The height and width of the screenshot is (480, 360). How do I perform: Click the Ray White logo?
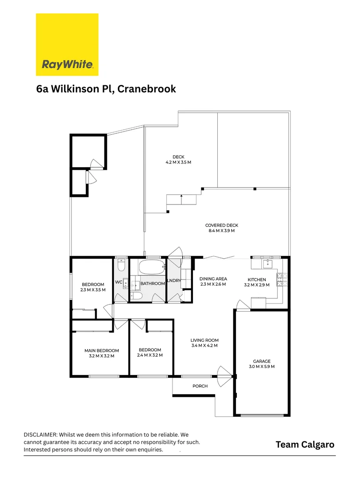click(67, 44)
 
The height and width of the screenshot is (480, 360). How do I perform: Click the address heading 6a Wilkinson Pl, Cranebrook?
click(106, 89)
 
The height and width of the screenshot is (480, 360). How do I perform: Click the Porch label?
click(200, 386)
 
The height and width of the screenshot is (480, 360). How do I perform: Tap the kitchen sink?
click(268, 264)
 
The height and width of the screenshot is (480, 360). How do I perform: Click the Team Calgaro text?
click(304, 444)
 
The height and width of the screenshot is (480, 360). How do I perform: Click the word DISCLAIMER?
click(40, 434)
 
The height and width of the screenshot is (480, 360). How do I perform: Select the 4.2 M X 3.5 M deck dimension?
click(179, 162)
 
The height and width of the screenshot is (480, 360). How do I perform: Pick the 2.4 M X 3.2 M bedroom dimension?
click(150, 355)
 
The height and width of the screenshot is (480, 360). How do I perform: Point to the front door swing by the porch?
click(224, 376)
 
